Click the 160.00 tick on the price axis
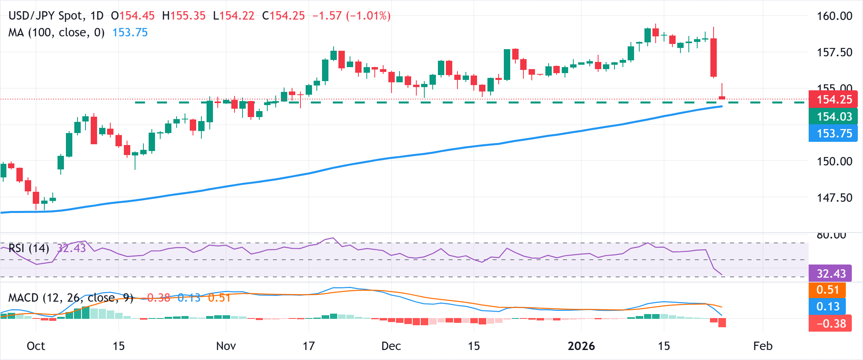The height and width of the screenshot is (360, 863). coord(834,16)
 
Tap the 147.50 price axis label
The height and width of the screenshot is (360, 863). coord(834,198)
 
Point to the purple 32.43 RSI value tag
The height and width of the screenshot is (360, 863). coord(831,274)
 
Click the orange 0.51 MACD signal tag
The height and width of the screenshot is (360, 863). coord(827,290)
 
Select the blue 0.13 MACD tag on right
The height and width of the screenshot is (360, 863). coord(827,306)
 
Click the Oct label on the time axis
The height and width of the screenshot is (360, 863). coord(36,346)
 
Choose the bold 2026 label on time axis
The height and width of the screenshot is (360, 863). coord(581,346)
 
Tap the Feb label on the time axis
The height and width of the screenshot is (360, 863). coord(762,346)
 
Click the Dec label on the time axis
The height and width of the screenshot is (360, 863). coord(391,346)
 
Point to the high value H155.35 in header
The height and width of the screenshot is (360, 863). coord(184,16)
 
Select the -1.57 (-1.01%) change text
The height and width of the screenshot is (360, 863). coord(351,16)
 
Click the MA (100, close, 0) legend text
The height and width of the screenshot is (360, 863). coord(56,32)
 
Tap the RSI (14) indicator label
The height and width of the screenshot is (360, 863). coord(29,248)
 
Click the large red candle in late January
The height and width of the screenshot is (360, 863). coord(714,58)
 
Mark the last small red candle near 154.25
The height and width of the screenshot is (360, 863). coord(722,97)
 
